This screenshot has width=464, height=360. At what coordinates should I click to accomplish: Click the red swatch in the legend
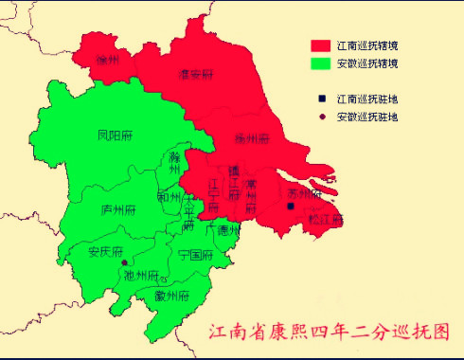321,45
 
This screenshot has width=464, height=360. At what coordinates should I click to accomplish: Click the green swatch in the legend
321,63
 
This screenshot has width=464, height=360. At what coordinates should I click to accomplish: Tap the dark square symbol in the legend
322,98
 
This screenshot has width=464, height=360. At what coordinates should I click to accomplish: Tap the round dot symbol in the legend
322,117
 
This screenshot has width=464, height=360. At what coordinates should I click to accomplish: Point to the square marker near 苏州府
292,206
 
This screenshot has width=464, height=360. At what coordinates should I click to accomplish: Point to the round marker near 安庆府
124,262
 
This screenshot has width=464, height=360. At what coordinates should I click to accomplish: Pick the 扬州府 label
253,138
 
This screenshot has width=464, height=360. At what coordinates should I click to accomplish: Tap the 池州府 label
142,275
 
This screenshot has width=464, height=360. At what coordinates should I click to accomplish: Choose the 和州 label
170,199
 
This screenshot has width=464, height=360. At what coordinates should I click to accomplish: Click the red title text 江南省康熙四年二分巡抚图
329,332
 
